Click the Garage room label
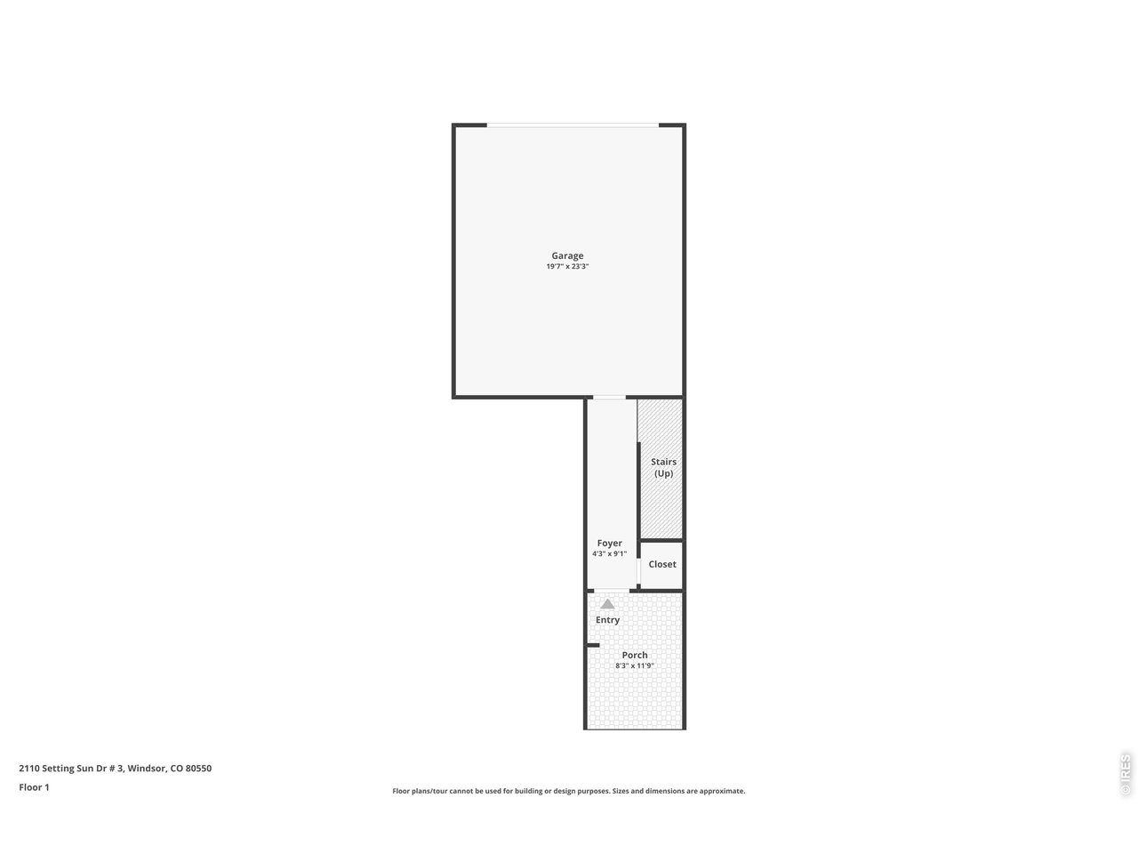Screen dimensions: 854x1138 pyautogui.click(x=567, y=256)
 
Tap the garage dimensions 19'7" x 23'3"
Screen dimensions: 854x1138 pyautogui.click(x=567, y=267)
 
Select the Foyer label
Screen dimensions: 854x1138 pyautogui.click(x=609, y=544)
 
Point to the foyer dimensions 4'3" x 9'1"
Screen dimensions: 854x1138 pyautogui.click(x=609, y=554)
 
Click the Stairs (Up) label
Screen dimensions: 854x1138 pyautogui.click(x=663, y=467)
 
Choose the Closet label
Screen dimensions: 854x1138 pyautogui.click(x=661, y=564)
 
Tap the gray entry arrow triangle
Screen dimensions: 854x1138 pyautogui.click(x=607, y=604)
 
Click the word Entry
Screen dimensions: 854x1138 pyautogui.click(x=607, y=620)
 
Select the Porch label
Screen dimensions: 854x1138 pyautogui.click(x=635, y=656)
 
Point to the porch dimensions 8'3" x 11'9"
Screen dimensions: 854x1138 pyautogui.click(x=635, y=665)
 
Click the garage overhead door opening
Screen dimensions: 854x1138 pyautogui.click(x=573, y=125)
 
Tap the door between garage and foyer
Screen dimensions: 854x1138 pyautogui.click(x=610, y=397)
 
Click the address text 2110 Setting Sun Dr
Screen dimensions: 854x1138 pyautogui.click(x=71, y=769)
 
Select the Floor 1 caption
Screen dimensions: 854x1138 pyautogui.click(x=34, y=787)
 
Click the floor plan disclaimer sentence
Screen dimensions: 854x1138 pyautogui.click(x=569, y=791)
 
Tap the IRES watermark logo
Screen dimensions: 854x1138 pyautogui.click(x=1125, y=774)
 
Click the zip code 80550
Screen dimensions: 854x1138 pyautogui.click(x=198, y=769)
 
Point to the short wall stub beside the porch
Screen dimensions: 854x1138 pyautogui.click(x=593, y=645)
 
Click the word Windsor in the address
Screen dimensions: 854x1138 pyautogui.click(x=146, y=769)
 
